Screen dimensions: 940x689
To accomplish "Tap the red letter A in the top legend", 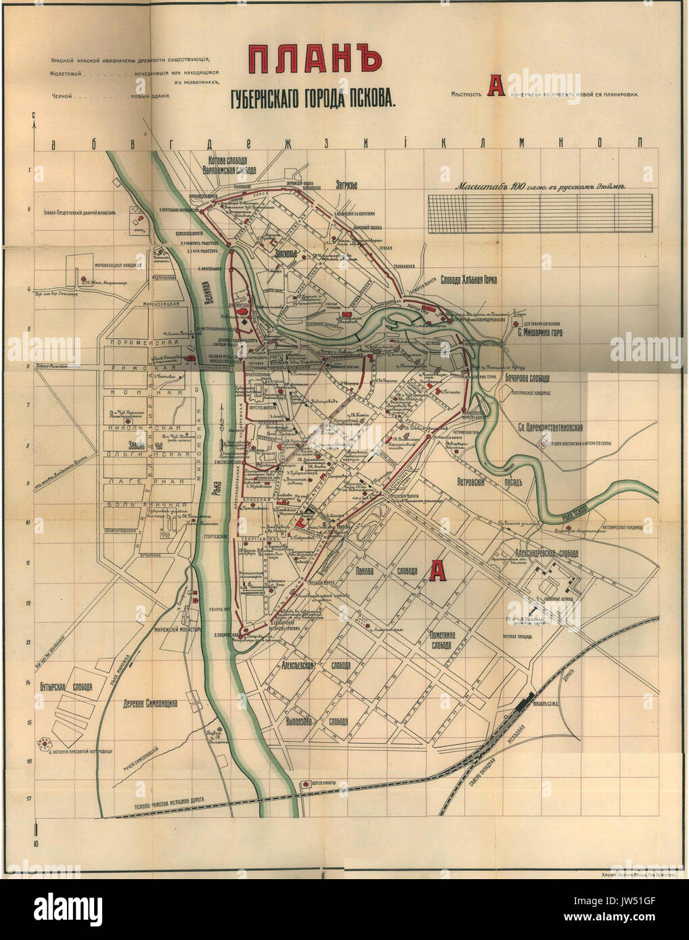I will [x=497, y=87].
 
